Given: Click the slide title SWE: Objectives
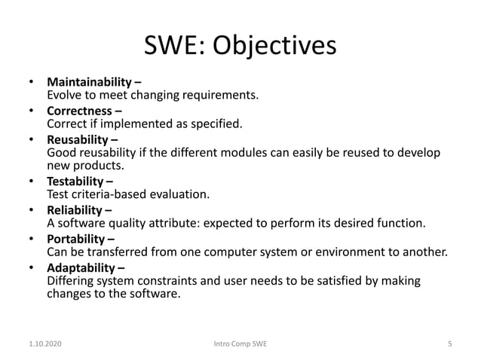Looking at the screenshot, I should [240, 45].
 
